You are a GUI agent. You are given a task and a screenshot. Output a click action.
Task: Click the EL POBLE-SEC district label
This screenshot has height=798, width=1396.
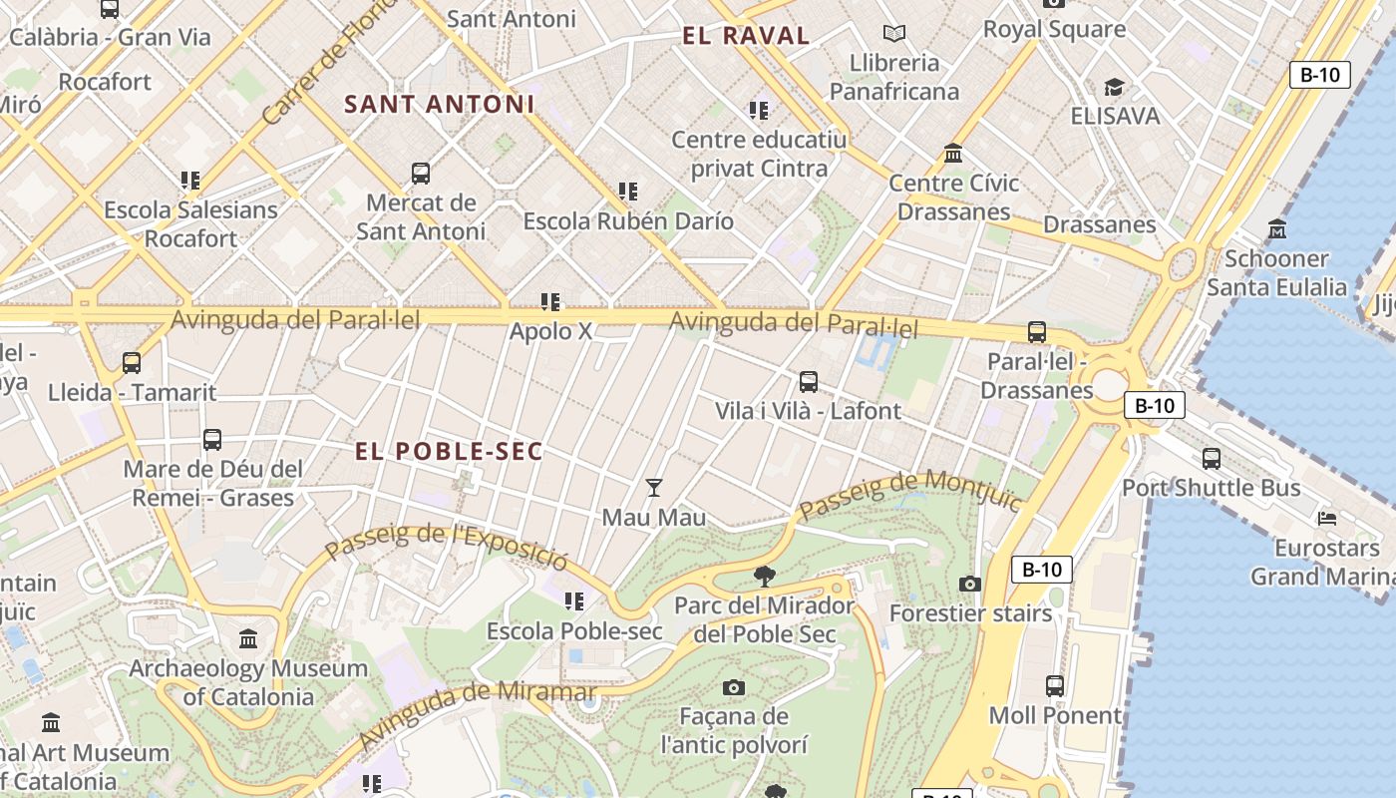tap(449, 451)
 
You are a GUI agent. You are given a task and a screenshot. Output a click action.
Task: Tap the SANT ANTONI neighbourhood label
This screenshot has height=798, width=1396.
tap(440, 104)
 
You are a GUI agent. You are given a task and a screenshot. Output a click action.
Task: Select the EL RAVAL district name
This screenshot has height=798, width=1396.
tap(746, 36)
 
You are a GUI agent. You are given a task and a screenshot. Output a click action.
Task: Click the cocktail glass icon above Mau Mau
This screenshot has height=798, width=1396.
tap(654, 488)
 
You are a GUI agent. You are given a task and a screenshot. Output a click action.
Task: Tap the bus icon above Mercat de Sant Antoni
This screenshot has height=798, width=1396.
tap(421, 174)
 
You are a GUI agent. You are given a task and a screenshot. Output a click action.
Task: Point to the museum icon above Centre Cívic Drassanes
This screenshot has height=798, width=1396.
tap(953, 154)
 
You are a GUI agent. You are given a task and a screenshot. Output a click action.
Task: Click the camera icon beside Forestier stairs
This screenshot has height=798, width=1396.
tap(970, 584)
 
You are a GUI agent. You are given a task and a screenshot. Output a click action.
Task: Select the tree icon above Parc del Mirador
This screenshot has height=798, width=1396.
tap(765, 576)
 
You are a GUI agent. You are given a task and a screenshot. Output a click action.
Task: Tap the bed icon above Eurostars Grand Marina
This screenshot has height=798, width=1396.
tap(1327, 518)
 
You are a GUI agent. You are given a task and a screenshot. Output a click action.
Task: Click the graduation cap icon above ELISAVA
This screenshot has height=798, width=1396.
tap(1114, 88)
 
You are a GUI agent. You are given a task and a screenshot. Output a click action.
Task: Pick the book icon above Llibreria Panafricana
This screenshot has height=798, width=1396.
tap(894, 34)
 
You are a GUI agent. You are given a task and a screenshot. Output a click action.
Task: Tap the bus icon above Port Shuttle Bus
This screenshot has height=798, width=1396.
tap(1212, 459)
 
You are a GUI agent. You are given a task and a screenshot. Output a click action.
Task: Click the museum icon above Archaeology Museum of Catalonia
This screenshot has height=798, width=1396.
tap(248, 638)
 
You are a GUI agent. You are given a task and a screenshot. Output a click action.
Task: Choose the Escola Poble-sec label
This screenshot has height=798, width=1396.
tap(574, 631)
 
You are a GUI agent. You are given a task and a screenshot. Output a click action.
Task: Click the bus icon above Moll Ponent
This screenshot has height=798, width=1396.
tap(1055, 686)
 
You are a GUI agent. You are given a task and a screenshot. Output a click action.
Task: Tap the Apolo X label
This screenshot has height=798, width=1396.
tap(550, 331)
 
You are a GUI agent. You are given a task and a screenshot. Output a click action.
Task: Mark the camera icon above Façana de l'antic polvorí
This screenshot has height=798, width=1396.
tap(734, 687)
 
